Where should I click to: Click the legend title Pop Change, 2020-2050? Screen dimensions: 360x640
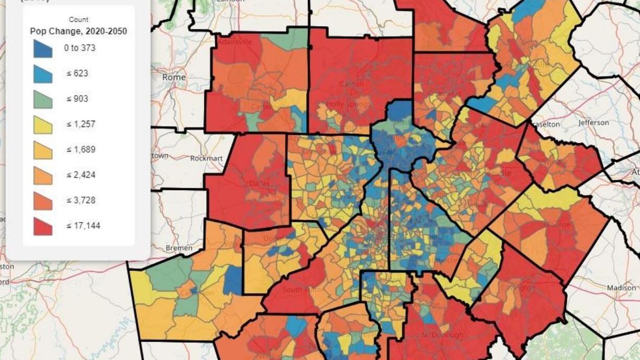[78, 31]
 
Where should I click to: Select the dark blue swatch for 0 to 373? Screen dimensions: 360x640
[43, 49]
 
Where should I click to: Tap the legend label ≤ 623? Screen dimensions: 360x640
[77, 74]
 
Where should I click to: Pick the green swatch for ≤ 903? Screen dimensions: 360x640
[43, 99]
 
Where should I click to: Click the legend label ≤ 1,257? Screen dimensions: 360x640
[80, 124]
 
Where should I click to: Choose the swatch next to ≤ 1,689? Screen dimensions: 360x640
[43, 150]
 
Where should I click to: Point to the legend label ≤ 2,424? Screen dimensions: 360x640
[80, 175]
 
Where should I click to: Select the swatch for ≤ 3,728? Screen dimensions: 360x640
[43, 201]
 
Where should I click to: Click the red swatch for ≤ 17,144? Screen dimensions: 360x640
[43, 226]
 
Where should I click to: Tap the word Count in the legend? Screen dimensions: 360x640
[78, 19]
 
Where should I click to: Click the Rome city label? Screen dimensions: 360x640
[173, 77]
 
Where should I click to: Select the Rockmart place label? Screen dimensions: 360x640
[206, 158]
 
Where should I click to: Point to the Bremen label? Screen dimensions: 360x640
[179, 248]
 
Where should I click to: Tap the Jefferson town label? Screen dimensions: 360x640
[594, 123]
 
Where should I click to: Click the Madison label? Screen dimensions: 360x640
[621, 288]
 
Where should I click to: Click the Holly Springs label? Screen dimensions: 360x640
[348, 104]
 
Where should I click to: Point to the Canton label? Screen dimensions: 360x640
[351, 84]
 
